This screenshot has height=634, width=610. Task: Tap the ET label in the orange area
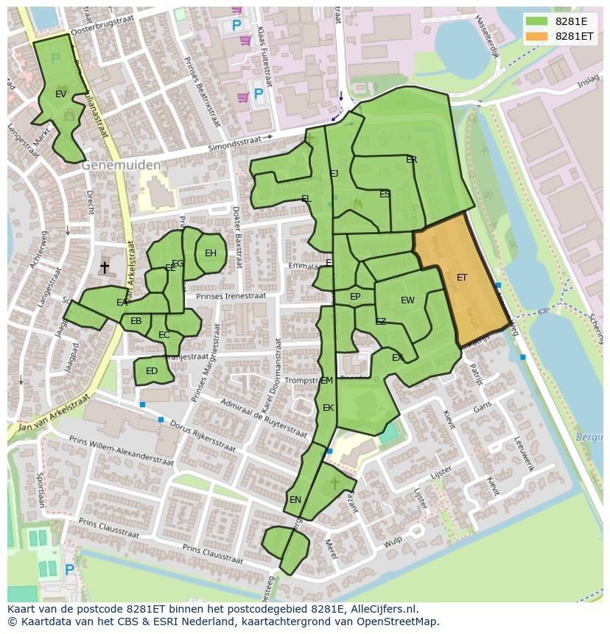click(462, 278)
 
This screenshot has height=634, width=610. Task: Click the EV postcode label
click(61, 94)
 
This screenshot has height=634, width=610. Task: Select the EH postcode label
click(211, 253)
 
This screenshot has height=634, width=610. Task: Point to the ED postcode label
click(152, 371)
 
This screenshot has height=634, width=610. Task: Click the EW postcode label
click(407, 300)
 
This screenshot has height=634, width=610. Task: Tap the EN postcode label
click(295, 500)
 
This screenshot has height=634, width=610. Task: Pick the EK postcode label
click(329, 408)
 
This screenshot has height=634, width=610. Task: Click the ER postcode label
click(412, 160)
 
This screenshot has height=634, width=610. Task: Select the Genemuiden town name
click(121, 166)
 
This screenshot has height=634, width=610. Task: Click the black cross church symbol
click(105, 267)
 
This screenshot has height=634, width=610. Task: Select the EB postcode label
click(136, 321)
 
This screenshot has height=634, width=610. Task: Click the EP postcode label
click(355, 297)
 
